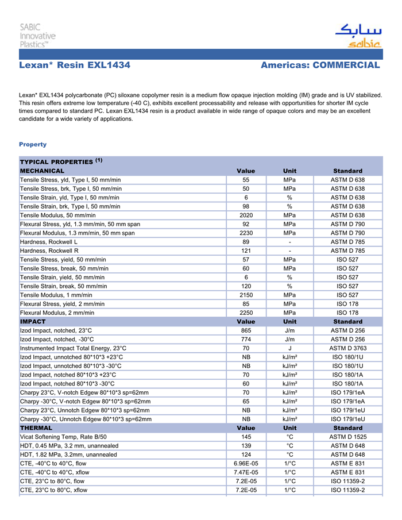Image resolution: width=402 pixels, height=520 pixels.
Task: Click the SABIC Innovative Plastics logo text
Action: [x=38, y=35]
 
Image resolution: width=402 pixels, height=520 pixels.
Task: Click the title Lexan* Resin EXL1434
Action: [x=75, y=66]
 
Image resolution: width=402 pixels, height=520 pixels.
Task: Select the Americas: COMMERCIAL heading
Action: [x=320, y=66]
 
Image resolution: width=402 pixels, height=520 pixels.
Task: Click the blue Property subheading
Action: [x=33, y=144]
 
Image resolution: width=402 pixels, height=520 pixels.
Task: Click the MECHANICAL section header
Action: [x=42, y=171]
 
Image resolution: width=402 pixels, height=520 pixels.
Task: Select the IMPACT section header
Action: [x=33, y=322]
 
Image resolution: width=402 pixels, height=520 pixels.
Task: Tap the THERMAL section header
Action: [x=36, y=428]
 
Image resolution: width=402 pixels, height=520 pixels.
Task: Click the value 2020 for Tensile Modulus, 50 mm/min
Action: [x=246, y=215]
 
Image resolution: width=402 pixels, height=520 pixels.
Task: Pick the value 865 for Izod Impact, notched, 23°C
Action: [x=246, y=330]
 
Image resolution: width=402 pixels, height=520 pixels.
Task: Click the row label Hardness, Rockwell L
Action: [x=49, y=242]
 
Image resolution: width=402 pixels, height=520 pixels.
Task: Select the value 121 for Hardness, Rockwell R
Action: [x=246, y=251]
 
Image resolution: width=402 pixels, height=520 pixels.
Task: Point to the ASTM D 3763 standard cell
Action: [x=347, y=348]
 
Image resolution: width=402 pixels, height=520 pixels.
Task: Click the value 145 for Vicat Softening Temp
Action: [x=246, y=437]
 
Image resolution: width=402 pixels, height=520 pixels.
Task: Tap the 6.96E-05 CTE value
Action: [x=246, y=463]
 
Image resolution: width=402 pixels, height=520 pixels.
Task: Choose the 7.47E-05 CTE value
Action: [x=246, y=472]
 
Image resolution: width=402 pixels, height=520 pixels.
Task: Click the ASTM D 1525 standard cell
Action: [x=347, y=437]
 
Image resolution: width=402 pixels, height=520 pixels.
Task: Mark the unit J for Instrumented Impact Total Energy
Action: [x=290, y=348]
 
